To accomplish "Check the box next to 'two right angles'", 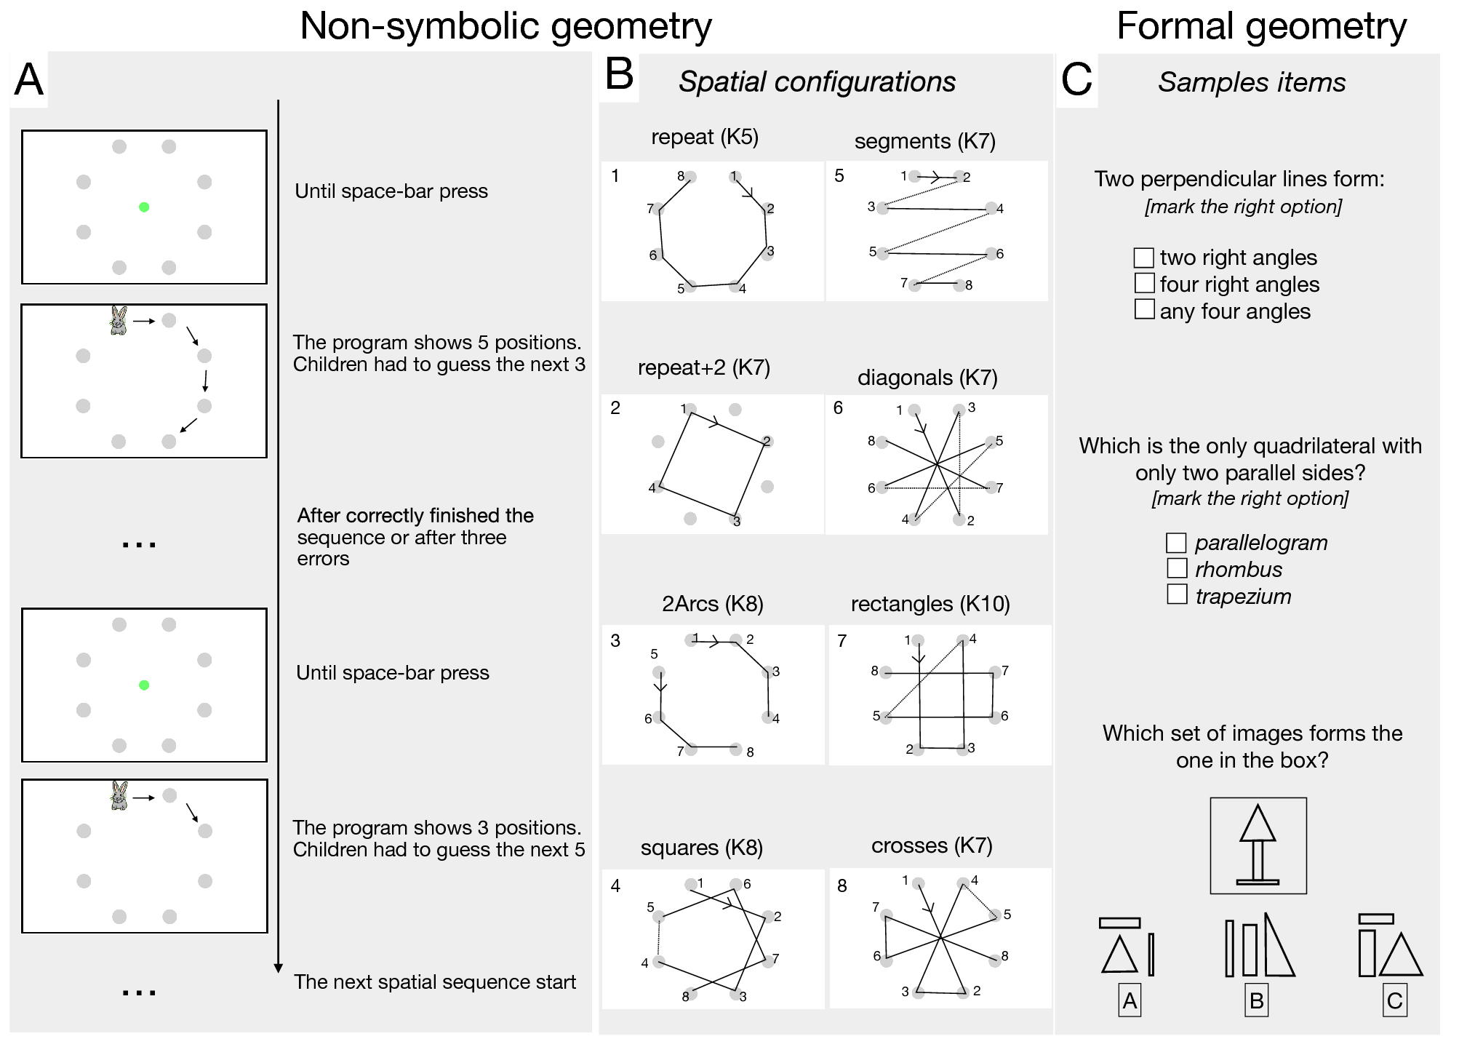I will pos(1143,258).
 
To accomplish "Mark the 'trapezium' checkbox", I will pos(1177,594).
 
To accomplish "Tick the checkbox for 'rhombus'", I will pos(1177,568).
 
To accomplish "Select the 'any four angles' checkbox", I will pos(1144,309).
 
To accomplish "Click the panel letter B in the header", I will pos(619,74).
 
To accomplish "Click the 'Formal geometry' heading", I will pos(1261,26).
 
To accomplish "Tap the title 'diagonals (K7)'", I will pos(927,378).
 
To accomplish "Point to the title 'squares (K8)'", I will pos(701,848).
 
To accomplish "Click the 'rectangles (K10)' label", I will pos(930,604).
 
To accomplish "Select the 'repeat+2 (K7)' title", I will pos(703,367).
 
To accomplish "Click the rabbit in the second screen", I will pos(119,320).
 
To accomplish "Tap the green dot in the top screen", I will pos(144,207).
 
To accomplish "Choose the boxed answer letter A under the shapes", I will pos(1130,1000).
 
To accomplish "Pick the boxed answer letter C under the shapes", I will pos(1394,1000).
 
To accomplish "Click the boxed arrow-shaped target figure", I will pos(1258,845).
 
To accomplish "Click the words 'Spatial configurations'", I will pos(817,81).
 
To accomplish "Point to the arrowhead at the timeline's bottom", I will pos(278,968).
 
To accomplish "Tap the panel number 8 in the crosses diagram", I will pos(842,886).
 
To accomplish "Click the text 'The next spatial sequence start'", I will pos(435,982).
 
